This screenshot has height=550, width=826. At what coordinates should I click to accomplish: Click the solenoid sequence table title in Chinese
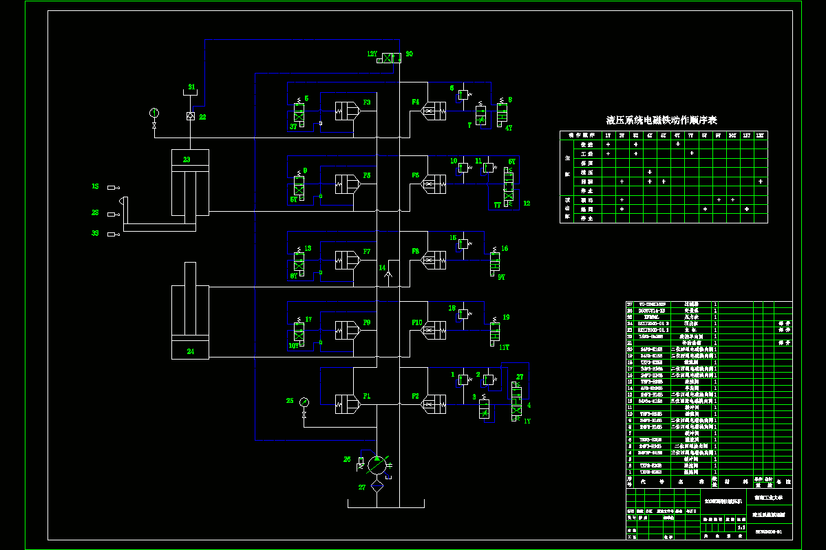[x=661, y=120]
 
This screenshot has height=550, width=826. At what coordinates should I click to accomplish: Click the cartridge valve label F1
[x=367, y=397]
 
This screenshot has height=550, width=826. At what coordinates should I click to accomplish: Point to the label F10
[x=416, y=322]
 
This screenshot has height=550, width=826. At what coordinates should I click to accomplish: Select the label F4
[x=416, y=102]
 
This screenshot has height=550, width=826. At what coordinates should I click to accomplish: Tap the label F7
[x=367, y=252]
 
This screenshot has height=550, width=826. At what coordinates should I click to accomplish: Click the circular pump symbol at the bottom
[x=377, y=465]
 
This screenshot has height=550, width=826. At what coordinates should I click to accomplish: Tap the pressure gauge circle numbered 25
[x=304, y=402]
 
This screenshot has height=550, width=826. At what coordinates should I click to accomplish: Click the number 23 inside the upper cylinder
[x=187, y=159]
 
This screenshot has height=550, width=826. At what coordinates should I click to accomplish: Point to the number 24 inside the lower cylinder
[x=191, y=351]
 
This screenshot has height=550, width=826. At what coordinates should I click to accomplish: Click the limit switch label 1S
[x=96, y=186]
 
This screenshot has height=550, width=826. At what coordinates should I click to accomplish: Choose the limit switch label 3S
[x=96, y=234]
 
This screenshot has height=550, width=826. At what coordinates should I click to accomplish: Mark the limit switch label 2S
[x=96, y=213]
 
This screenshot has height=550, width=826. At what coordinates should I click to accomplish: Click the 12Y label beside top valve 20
[x=372, y=54]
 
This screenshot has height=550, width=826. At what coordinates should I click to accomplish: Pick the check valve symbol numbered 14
[x=389, y=274]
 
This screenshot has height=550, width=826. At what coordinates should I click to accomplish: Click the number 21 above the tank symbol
[x=192, y=87]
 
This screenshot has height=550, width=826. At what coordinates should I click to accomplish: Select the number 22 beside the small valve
[x=202, y=117]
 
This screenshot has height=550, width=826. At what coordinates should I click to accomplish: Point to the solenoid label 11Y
[x=504, y=348]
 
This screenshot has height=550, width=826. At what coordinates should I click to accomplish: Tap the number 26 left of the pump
[x=347, y=459]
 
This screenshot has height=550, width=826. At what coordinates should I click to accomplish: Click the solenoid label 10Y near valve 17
[x=293, y=346]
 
